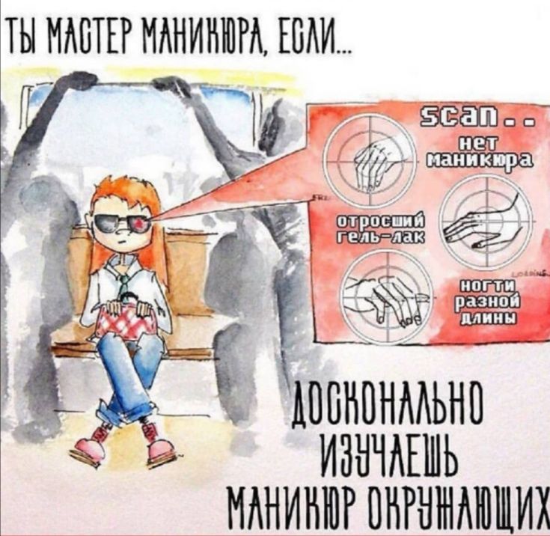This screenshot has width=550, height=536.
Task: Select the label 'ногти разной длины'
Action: pyautogui.click(x=486, y=303)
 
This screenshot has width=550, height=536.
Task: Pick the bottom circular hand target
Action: pyautogui.click(x=386, y=294)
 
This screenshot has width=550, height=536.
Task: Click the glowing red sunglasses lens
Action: pyautogui.click(x=139, y=223)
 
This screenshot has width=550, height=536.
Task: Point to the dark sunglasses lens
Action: pyautogui.click(x=106, y=222)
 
